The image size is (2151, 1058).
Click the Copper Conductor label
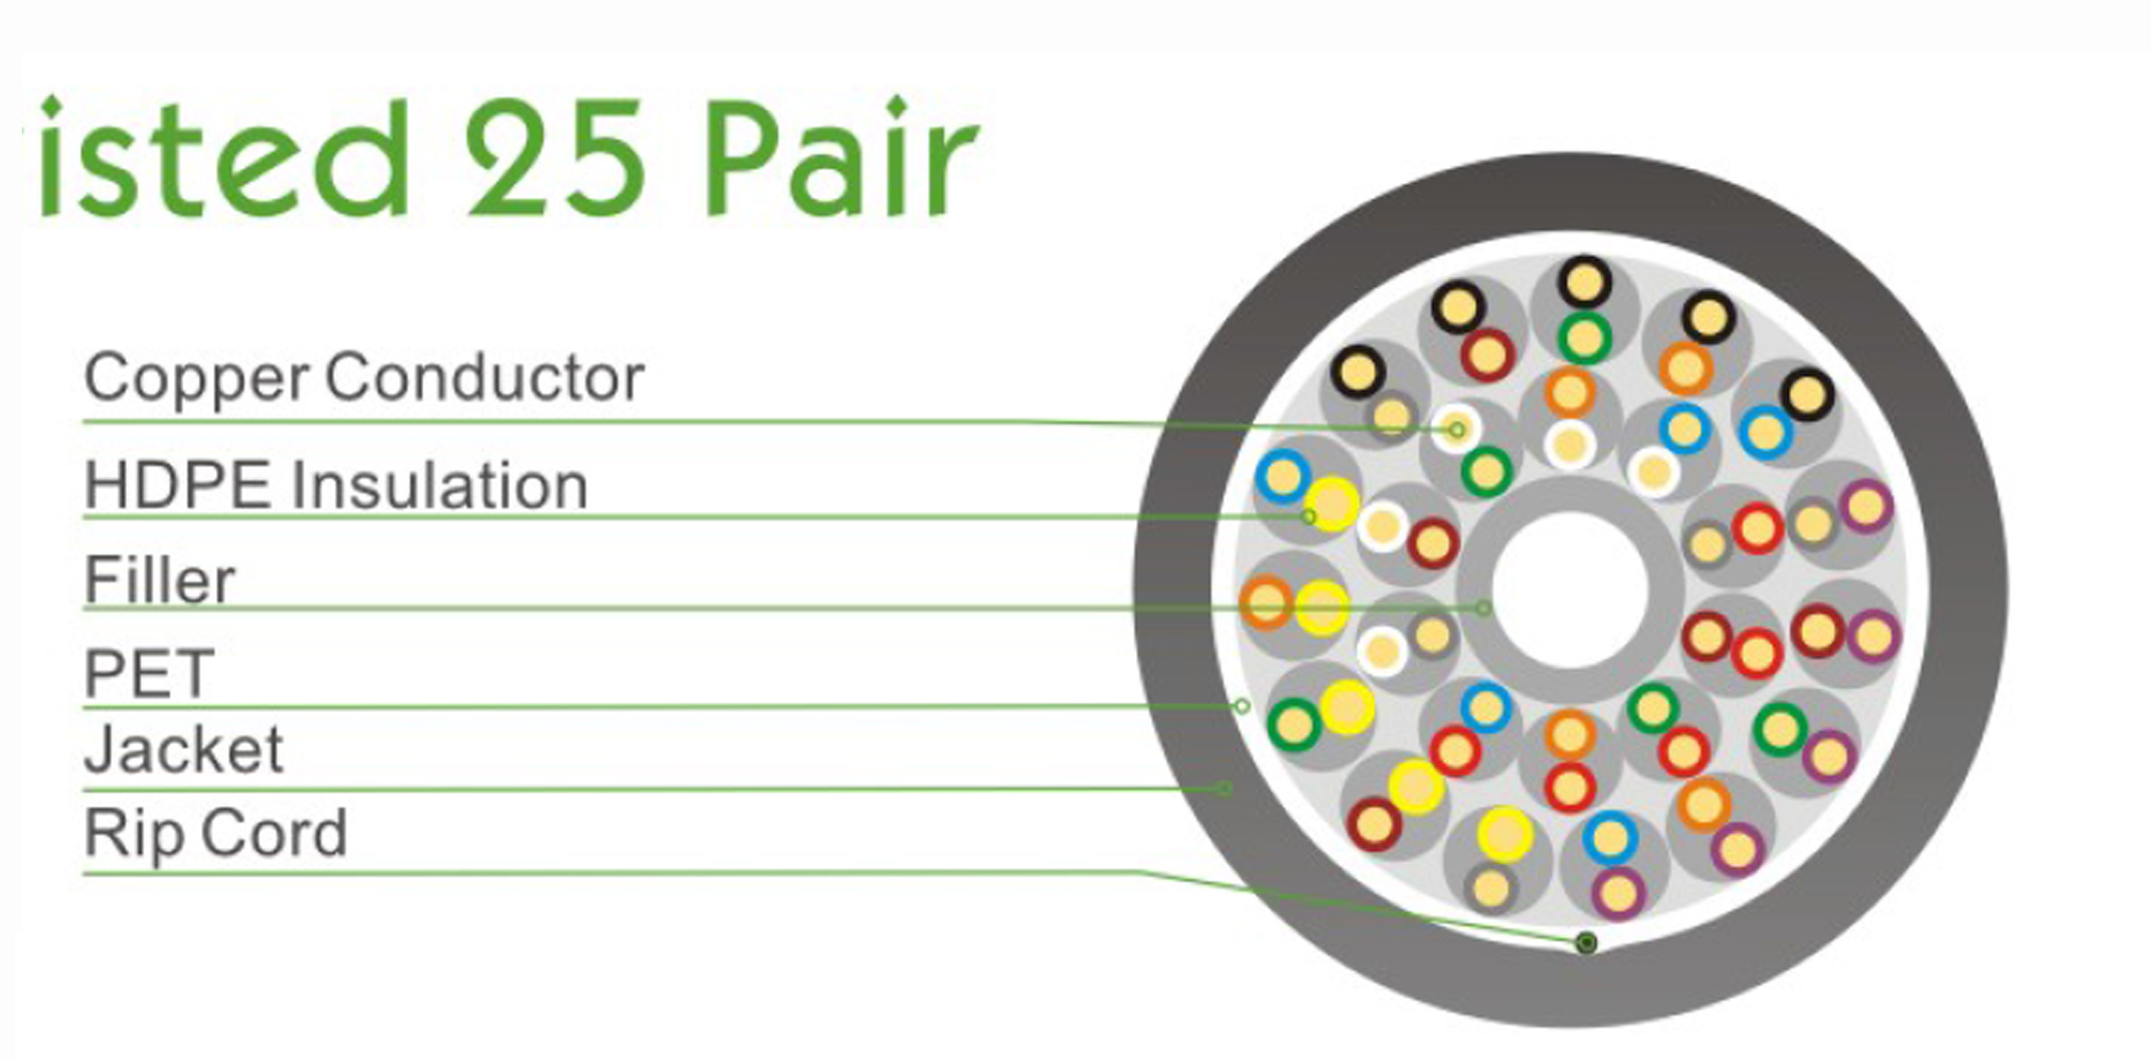pyautogui.click(x=363, y=379)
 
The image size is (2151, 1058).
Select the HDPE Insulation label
pyautogui.click(x=336, y=486)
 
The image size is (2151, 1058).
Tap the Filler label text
pyautogui.click(x=160, y=580)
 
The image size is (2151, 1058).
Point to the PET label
pyautogui.click(x=148, y=673)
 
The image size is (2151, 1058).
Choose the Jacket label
pyautogui.click(x=184, y=750)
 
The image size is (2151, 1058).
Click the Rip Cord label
pyautogui.click(x=215, y=833)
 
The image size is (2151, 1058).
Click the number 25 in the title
pyautogui.click(x=556, y=159)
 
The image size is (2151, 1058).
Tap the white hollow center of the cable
pyautogui.click(x=1570, y=589)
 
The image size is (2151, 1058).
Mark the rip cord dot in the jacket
pyautogui.click(x=1586, y=943)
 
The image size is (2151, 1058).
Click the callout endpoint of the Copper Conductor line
pyautogui.click(x=1457, y=429)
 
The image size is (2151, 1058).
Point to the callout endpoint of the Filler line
pyautogui.click(x=1483, y=608)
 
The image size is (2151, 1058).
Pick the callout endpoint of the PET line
pyautogui.click(x=1242, y=706)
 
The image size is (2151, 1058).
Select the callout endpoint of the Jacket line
pyautogui.click(x=1225, y=788)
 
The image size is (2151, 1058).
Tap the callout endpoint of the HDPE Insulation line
pyautogui.click(x=1309, y=517)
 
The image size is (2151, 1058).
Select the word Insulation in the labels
pyautogui.click(x=440, y=486)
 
